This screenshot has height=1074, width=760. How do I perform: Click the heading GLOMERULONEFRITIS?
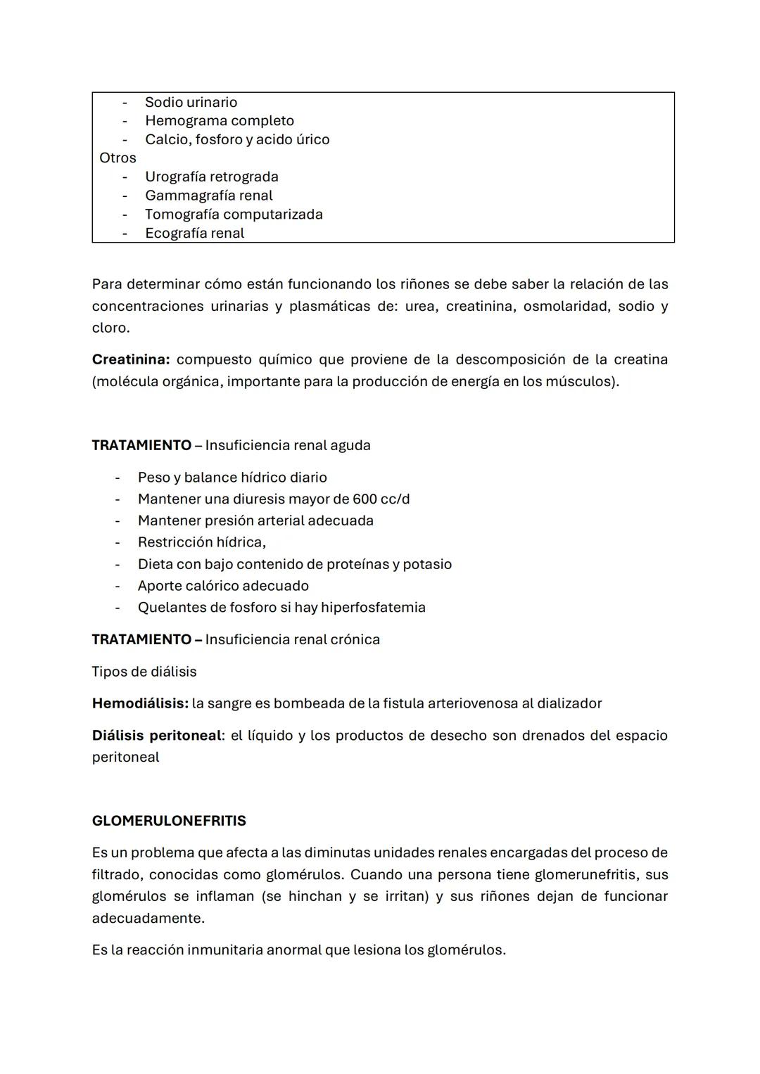pos(169,821)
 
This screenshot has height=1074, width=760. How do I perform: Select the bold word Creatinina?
pos(131,359)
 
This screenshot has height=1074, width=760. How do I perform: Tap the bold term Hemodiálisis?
pos(140,703)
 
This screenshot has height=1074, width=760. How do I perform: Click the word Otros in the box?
pos(118,158)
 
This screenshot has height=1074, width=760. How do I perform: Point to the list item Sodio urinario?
pos(191,103)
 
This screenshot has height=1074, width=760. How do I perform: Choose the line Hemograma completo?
pos(219,121)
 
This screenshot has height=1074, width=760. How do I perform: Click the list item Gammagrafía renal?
pos(208,196)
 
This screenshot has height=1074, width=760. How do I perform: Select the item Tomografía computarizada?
pos(234,215)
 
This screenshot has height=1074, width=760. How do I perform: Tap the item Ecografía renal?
pos(194,234)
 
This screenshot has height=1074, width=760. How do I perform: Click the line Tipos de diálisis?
pos(144,672)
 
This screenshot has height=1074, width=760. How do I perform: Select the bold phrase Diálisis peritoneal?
pos(156,736)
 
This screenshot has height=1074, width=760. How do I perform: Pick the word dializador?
pos(567,703)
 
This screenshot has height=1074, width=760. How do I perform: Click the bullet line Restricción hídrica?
pos(201,542)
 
